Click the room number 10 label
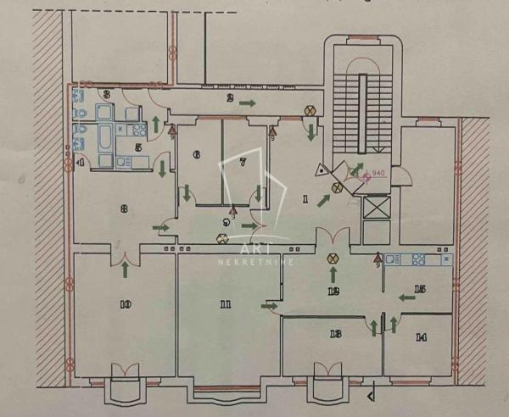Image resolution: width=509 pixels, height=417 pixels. click(126, 303)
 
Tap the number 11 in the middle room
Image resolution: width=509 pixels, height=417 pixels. click(225, 303)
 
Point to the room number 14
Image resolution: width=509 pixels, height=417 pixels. click(420, 336)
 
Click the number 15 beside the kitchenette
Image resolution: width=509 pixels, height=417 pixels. click(419, 289)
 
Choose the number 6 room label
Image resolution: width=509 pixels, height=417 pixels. click(197, 155)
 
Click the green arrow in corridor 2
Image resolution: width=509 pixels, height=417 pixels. click(247, 103)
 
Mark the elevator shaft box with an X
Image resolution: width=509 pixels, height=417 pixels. click(374, 208)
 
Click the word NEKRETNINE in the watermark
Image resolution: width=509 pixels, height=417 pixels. click(254, 263)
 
